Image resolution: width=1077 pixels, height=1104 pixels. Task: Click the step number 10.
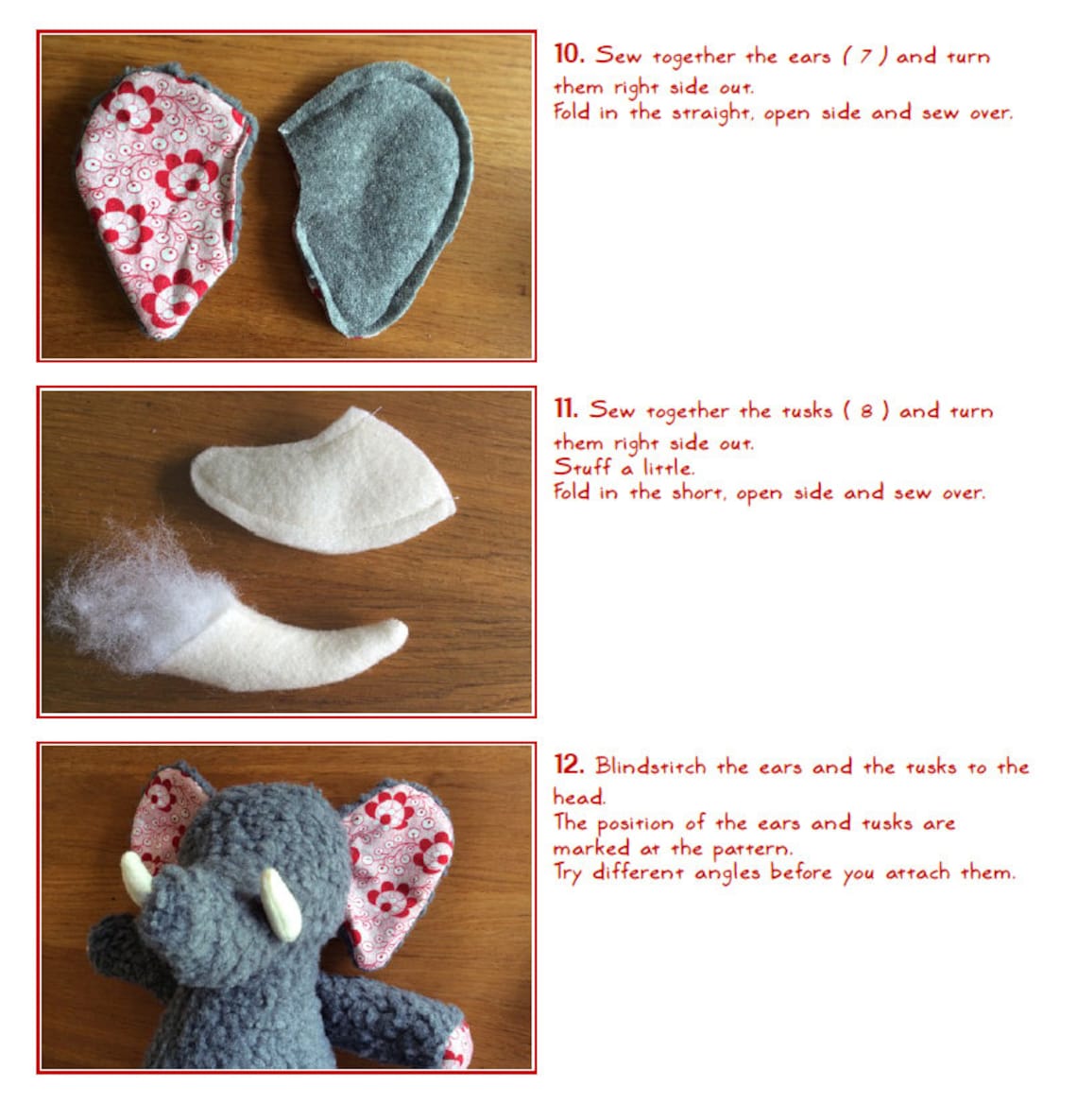pyautogui.click(x=569, y=54)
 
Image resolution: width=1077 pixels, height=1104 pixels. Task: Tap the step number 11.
pyautogui.click(x=566, y=409)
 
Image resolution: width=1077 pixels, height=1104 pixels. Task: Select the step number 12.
pyautogui.click(x=569, y=765)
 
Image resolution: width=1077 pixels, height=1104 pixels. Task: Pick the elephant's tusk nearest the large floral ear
pyautogui.click(x=281, y=903)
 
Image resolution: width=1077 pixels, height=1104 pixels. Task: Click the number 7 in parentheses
pyautogui.click(x=864, y=57)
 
